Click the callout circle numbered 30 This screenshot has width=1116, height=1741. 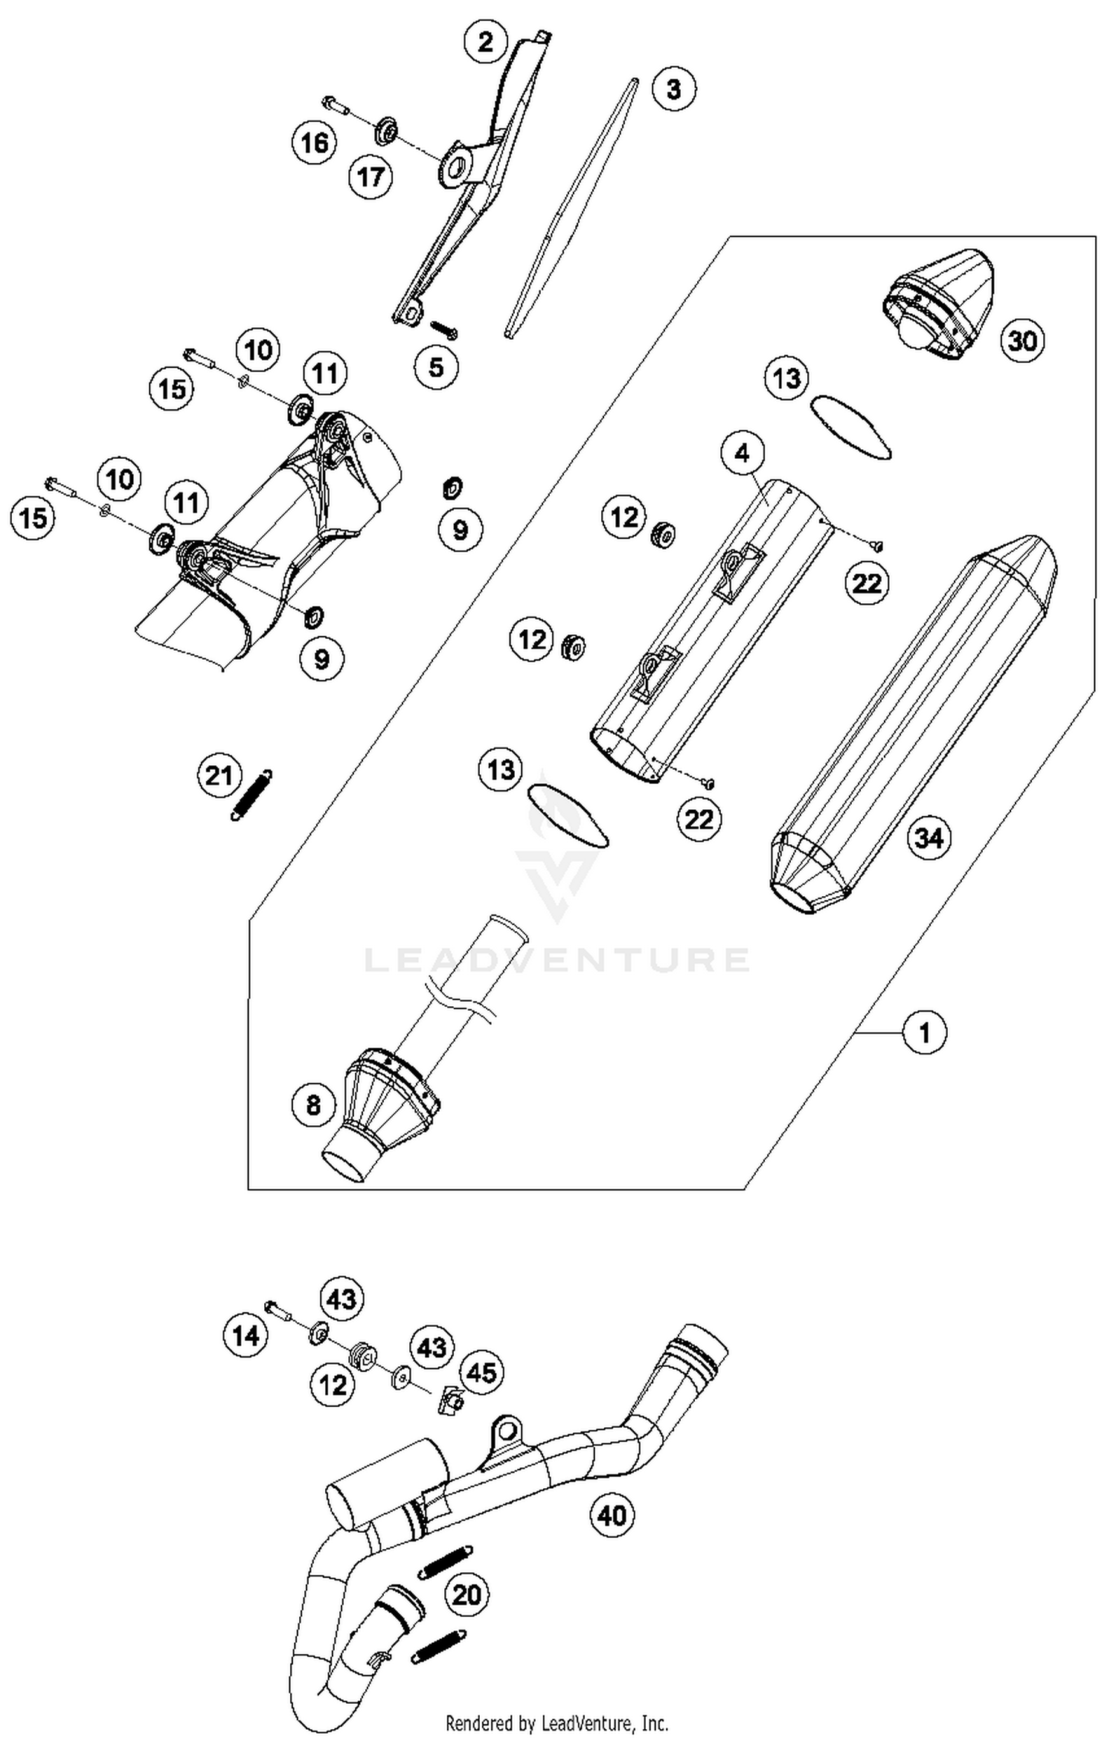[x=1022, y=341]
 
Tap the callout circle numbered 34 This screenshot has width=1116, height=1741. [x=929, y=838]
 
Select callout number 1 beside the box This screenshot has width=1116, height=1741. [x=925, y=1032]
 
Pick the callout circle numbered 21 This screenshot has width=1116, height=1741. [x=219, y=776]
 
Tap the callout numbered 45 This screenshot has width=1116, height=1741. [x=481, y=1371]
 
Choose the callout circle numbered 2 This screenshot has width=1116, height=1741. [x=485, y=42]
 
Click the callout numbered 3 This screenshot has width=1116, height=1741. [x=673, y=89]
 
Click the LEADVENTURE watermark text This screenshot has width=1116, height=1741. [x=557, y=959]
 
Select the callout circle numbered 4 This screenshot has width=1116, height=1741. [x=742, y=452]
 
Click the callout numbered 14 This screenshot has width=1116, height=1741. [x=246, y=1336]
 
